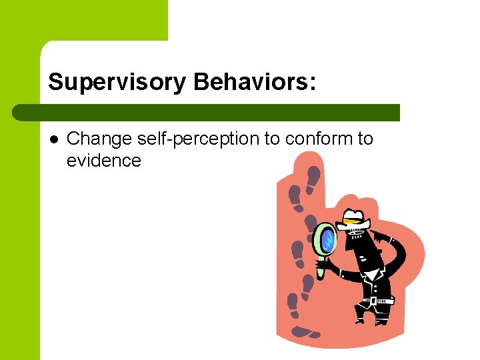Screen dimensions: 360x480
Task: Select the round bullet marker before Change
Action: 53,139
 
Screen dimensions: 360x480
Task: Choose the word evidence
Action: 104,160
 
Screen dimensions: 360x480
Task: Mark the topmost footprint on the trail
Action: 313,177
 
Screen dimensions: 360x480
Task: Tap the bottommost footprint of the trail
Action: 303,331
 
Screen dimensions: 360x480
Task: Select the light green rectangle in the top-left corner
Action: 83,20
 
